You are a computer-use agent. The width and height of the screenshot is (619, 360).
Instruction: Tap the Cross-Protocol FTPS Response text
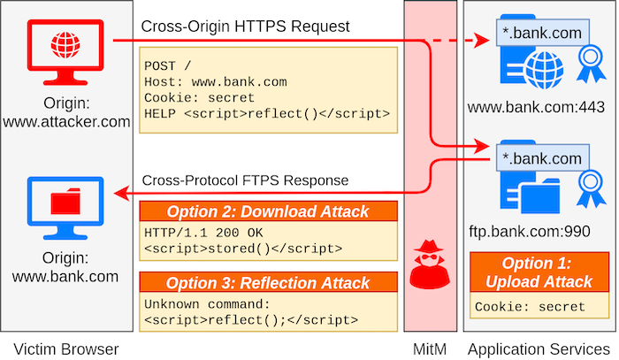click(x=245, y=180)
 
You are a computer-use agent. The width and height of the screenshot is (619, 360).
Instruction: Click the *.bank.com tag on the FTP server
click(x=543, y=157)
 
